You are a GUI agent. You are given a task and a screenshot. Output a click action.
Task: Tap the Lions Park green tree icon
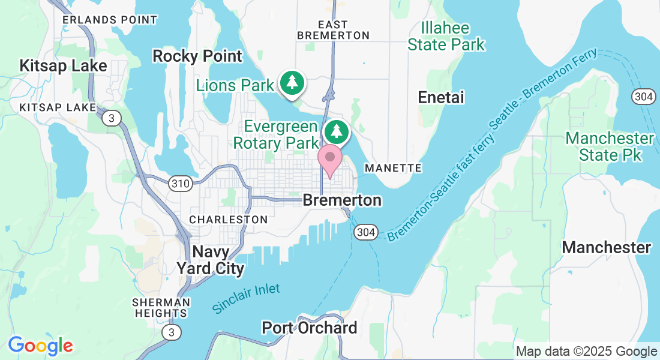[x=292, y=83]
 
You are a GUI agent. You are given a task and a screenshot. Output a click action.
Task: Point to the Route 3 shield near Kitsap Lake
[x=110, y=118]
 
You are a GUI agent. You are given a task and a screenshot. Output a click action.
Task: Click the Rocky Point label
[x=197, y=56]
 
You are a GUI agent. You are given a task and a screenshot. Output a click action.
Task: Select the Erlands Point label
[x=110, y=20]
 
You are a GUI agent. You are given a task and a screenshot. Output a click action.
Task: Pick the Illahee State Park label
[x=446, y=36]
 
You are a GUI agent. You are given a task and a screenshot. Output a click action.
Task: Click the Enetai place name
[x=441, y=98]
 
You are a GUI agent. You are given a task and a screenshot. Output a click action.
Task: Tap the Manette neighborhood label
[x=393, y=168]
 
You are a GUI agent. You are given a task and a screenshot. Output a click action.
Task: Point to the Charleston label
[x=228, y=220]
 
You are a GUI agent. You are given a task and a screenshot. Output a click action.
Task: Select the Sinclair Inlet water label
[x=245, y=298]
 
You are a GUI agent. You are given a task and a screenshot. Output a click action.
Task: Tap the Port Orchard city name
[x=309, y=328]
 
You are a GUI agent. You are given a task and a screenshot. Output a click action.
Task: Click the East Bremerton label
[x=333, y=30]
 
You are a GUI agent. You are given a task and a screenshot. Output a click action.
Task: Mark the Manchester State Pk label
[x=610, y=146]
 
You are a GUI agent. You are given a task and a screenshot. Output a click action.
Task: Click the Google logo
[x=40, y=346]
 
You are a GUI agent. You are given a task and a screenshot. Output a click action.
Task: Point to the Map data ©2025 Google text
[x=586, y=352]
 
